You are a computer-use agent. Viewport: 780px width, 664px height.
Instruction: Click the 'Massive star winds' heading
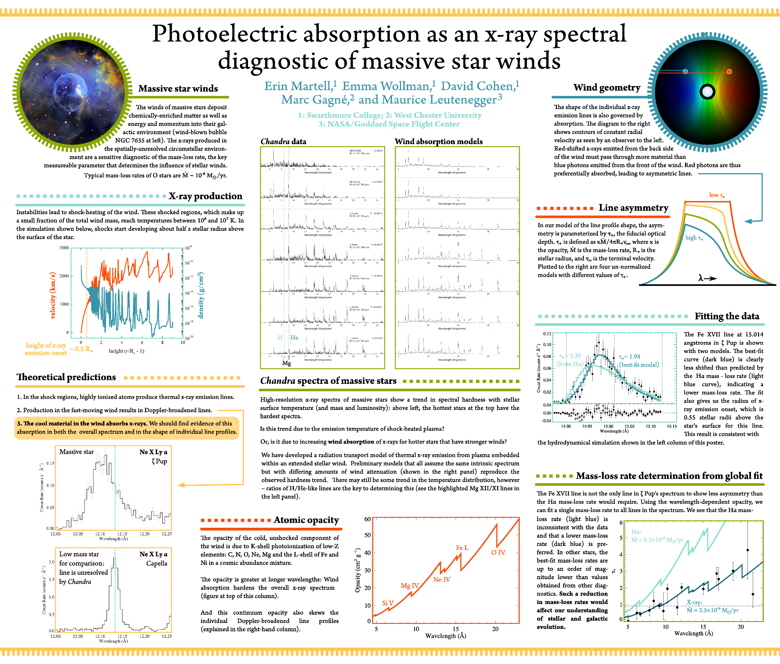[x=178, y=89]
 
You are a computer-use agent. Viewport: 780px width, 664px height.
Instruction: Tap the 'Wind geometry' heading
[x=606, y=87]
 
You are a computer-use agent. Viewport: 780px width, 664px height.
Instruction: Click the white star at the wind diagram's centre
[x=707, y=92]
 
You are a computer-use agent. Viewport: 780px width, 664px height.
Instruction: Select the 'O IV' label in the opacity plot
[x=498, y=553]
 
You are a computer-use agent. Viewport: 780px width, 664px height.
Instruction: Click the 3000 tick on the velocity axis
[x=64, y=248]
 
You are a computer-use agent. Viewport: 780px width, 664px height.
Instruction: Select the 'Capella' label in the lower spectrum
[x=157, y=563]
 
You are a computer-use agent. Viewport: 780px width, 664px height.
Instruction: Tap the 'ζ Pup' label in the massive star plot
[x=160, y=461]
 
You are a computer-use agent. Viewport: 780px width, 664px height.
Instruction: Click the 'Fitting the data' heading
[x=727, y=316]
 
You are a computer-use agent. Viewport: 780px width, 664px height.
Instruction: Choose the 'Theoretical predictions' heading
[x=66, y=377]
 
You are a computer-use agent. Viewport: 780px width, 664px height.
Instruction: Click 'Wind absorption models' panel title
[x=438, y=142]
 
